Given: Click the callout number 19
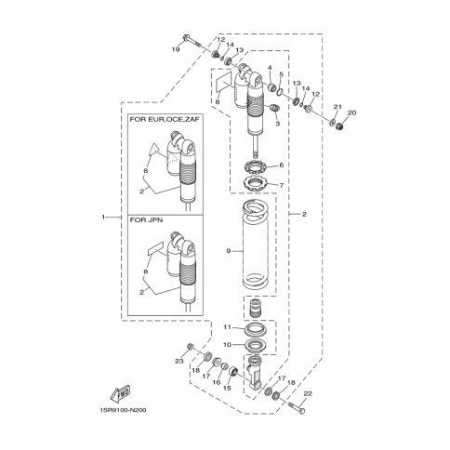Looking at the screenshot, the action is pyautogui.click(x=176, y=49).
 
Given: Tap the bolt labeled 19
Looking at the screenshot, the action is pyautogui.click(x=192, y=41).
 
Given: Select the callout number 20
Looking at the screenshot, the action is pyautogui.click(x=351, y=112).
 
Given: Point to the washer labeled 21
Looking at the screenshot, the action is pyautogui.click(x=332, y=123).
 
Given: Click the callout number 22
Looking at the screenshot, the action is pyautogui.click(x=308, y=394).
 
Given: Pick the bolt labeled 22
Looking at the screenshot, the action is pyautogui.click(x=296, y=407).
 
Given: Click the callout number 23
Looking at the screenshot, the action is pyautogui.click(x=179, y=361).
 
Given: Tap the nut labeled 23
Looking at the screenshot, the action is pyautogui.click(x=191, y=346).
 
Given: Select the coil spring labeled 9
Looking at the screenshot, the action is pyautogui.click(x=255, y=244).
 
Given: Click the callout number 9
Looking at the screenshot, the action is pyautogui.click(x=229, y=251).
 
